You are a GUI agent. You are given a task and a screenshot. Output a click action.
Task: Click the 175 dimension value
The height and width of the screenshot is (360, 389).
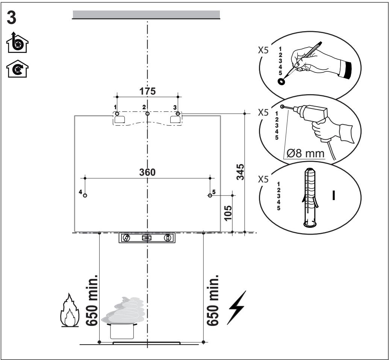147,91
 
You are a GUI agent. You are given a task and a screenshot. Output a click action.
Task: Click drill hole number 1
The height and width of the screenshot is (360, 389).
117,113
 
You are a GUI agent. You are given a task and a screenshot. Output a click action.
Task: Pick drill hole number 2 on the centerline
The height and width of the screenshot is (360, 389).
147,113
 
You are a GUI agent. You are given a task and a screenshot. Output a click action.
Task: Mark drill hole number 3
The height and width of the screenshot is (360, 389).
178,113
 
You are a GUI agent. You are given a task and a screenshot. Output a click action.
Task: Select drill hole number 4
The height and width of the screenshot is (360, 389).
85,196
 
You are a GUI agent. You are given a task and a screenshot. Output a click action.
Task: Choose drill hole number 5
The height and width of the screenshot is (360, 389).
209,196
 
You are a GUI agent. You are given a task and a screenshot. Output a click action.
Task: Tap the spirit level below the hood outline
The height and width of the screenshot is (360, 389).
147,238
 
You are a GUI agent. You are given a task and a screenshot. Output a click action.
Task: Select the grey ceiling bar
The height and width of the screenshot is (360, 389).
146,15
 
